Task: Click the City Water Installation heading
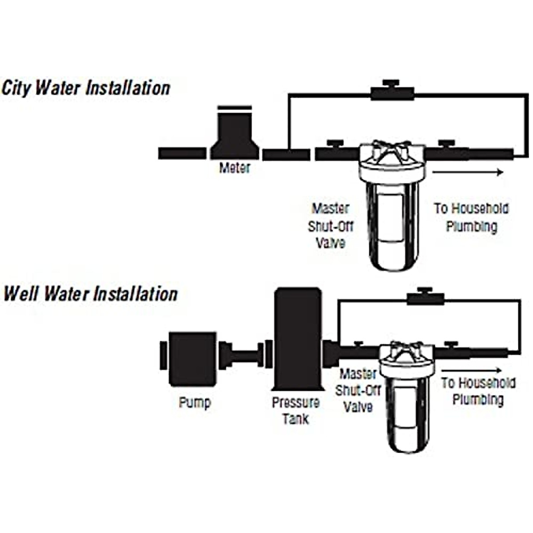pyautogui.click(x=86, y=88)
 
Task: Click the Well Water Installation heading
pyautogui.click(x=90, y=294)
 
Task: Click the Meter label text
pyautogui.click(x=235, y=168)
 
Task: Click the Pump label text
pyautogui.click(x=195, y=402)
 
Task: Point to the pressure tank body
pyautogui.click(x=297, y=338)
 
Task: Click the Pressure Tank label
pyautogui.click(x=296, y=410)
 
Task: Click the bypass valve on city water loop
pyautogui.click(x=392, y=93)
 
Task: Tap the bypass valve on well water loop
pyautogui.click(x=426, y=298)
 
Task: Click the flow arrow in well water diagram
pyautogui.click(x=472, y=370)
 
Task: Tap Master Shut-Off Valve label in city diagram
pyautogui.click(x=331, y=226)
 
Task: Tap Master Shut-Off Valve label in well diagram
pyautogui.click(x=358, y=390)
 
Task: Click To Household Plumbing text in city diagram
pyautogui.click(x=471, y=217)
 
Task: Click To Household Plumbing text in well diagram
pyautogui.click(x=478, y=391)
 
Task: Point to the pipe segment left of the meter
pyautogui.click(x=182, y=153)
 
